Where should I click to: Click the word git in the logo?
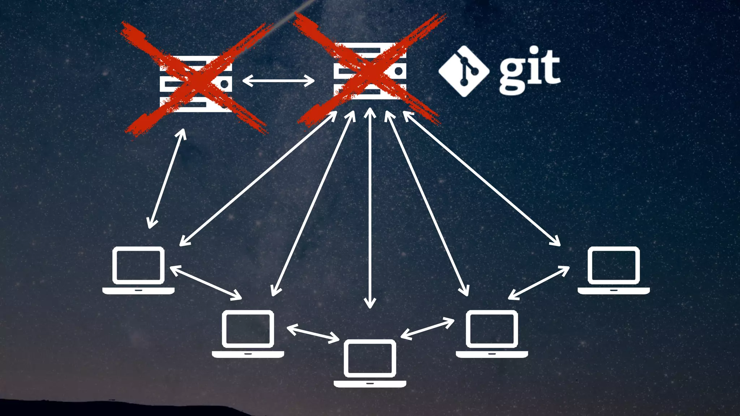point(530,70)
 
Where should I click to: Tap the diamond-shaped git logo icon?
point(464,71)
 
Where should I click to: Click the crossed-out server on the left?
point(196,84)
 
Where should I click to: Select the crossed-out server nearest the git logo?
point(370,71)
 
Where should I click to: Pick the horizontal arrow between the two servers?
point(278,81)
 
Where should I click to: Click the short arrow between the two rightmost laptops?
point(539,283)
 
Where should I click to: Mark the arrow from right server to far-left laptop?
point(258,178)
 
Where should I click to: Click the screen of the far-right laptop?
point(614,265)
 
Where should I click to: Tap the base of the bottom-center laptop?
point(370,383)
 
